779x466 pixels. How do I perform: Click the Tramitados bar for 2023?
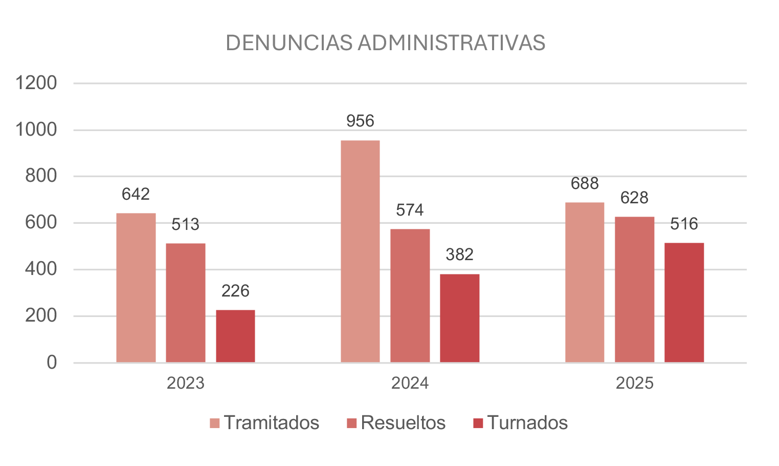[x=136, y=288]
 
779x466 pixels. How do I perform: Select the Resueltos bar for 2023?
[x=186, y=303]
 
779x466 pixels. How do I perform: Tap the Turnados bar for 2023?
[x=235, y=336]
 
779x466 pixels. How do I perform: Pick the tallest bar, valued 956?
[x=360, y=251]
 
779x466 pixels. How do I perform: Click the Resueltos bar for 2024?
[x=410, y=295]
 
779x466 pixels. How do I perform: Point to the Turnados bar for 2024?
[x=459, y=318]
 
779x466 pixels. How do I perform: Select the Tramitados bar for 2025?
[x=585, y=282]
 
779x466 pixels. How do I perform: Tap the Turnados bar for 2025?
[x=684, y=302]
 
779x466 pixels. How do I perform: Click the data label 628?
[x=634, y=198]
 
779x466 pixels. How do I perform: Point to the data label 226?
[x=235, y=291]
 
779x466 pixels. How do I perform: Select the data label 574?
[x=410, y=210]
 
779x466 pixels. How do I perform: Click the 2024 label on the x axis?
[x=410, y=383]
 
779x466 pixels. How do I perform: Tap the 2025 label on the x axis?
[x=634, y=383]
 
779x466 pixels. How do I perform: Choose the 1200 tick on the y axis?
[x=36, y=83]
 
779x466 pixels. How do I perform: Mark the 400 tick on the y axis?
[x=41, y=269]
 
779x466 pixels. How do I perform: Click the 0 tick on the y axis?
[x=52, y=363]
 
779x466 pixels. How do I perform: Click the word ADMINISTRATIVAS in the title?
[x=452, y=43]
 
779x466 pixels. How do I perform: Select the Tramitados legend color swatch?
[x=215, y=423]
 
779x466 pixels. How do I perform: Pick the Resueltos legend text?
[x=403, y=423]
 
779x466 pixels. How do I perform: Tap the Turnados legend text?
[x=527, y=423]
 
